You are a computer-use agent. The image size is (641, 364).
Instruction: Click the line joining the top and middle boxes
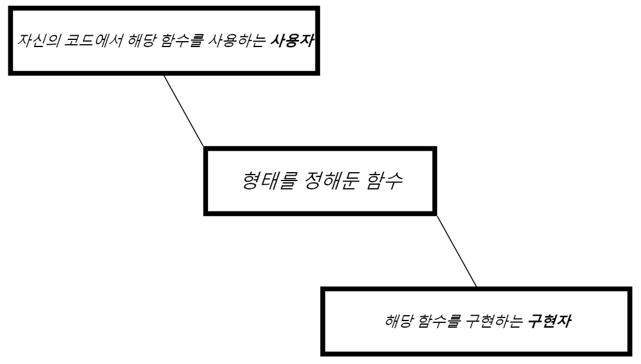[x=183, y=111]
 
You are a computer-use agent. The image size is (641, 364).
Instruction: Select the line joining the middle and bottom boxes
[x=457, y=251]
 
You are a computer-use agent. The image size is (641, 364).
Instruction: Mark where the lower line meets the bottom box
[x=478, y=287]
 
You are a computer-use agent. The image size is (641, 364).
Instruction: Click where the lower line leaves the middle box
[x=437, y=215]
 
